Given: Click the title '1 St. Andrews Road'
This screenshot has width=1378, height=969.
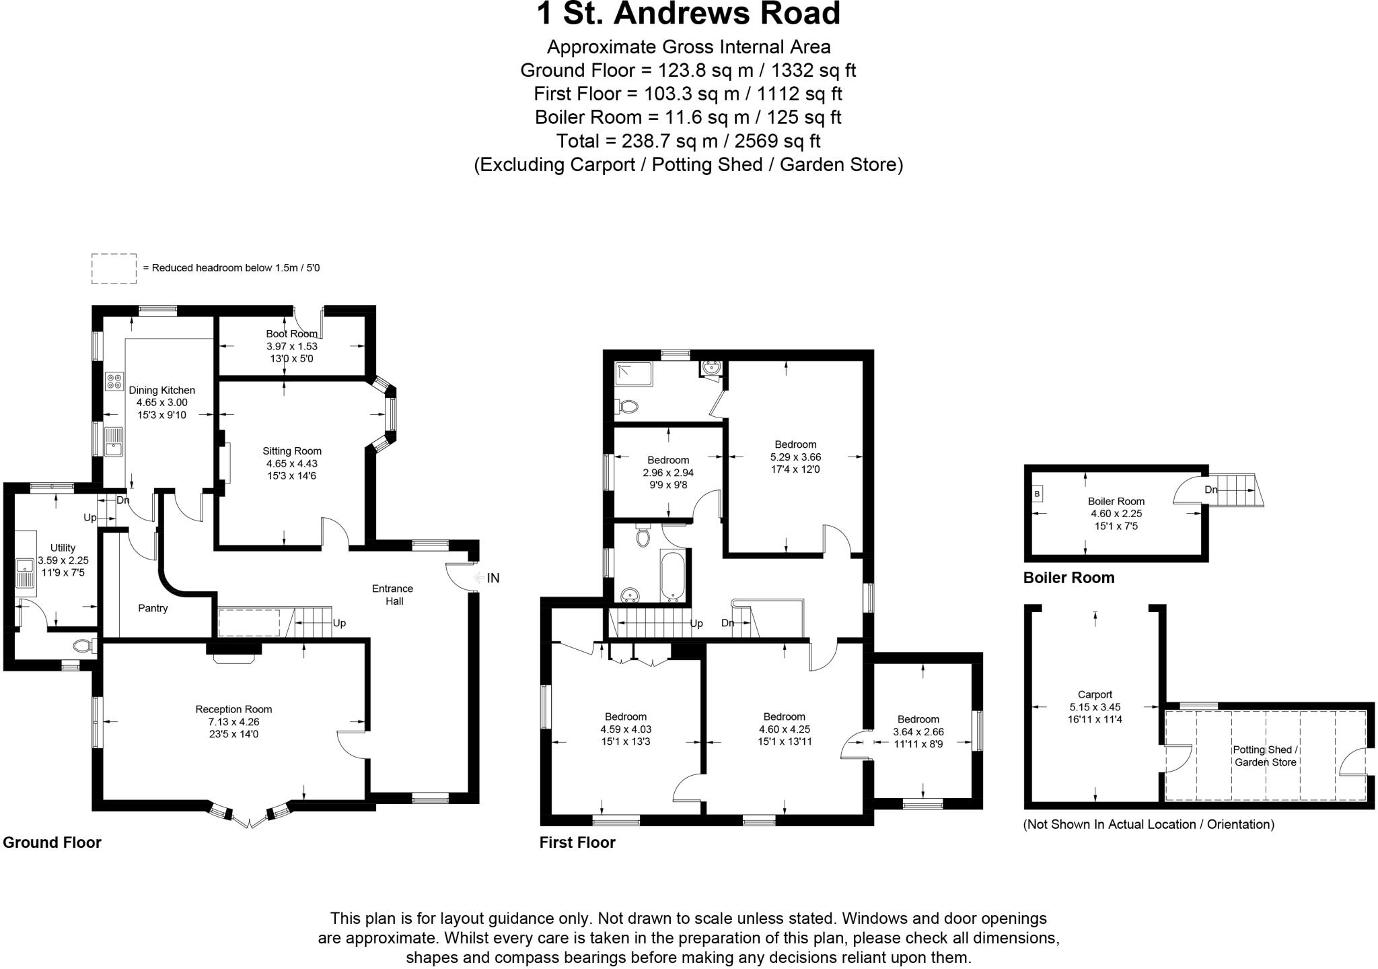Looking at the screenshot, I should click(x=688, y=14).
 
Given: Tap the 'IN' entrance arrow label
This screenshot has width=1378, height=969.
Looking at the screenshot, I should click(x=493, y=578).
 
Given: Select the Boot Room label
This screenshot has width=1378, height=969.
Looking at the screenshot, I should click(x=291, y=334).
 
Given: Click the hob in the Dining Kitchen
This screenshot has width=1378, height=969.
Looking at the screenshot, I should click(x=114, y=382).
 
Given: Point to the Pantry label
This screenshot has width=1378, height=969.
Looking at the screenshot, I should click(x=153, y=608).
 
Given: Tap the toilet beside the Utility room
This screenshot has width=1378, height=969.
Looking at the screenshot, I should click(x=83, y=646).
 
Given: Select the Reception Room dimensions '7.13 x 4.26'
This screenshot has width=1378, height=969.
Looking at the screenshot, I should click(x=233, y=722).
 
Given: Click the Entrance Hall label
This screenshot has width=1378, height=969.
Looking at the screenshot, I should click(x=394, y=595).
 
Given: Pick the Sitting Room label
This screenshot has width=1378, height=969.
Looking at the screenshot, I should click(x=292, y=451).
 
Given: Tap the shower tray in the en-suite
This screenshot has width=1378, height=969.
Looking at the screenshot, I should click(x=633, y=374).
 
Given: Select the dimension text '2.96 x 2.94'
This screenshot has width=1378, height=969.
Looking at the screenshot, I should click(x=668, y=473).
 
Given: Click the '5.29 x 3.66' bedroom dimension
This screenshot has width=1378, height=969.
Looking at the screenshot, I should click(x=795, y=457).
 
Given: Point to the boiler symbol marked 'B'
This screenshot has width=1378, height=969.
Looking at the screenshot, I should click(x=1037, y=494).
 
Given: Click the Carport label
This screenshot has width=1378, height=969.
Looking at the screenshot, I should click(x=1095, y=695).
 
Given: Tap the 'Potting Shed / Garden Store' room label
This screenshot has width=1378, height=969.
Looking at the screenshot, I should click(x=1265, y=756).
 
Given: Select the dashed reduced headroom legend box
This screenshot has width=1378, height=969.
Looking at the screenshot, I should click(x=114, y=267).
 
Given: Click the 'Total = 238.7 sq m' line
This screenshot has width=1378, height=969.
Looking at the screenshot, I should click(x=688, y=141).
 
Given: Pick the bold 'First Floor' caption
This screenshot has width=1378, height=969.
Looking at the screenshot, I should click(x=577, y=842).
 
